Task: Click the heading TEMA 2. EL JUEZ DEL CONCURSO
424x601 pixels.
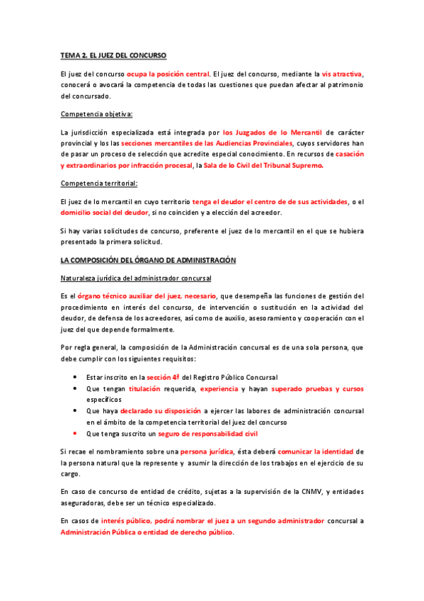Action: click(113, 55)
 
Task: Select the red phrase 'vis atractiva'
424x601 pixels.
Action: click(343, 73)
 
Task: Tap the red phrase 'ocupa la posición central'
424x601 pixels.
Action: click(168, 73)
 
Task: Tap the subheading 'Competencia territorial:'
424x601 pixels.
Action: click(99, 183)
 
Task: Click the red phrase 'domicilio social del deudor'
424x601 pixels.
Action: click(105, 212)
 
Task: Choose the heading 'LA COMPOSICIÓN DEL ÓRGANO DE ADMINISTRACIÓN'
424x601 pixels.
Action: click(148, 261)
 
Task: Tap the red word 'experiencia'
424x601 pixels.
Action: click(219, 389)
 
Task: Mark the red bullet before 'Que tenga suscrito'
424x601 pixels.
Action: click(75, 433)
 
